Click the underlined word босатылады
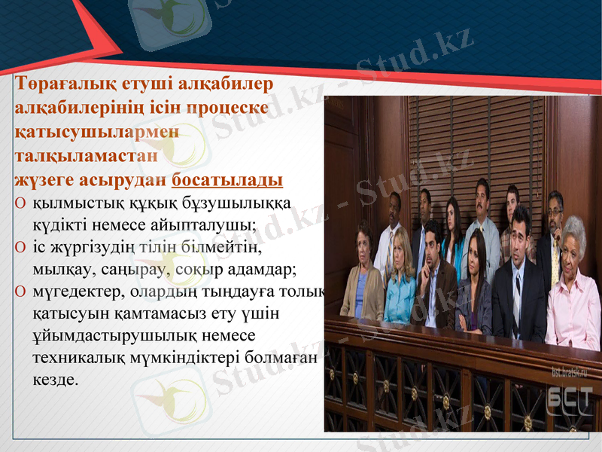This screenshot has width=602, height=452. pos(227,181)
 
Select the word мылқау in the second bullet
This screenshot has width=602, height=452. pos(62,268)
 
